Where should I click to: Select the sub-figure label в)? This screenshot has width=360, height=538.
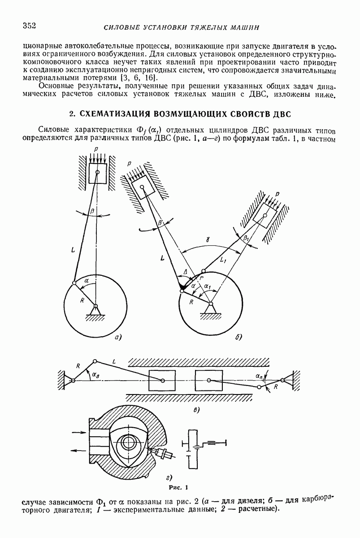tap(196, 410)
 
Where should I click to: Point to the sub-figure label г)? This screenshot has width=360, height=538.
tap(170, 477)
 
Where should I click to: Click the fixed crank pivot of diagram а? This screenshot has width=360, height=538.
tap(95, 307)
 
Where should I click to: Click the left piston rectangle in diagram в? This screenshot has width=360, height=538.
tap(162, 381)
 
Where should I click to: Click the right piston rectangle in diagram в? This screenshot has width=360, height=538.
tap(209, 381)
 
